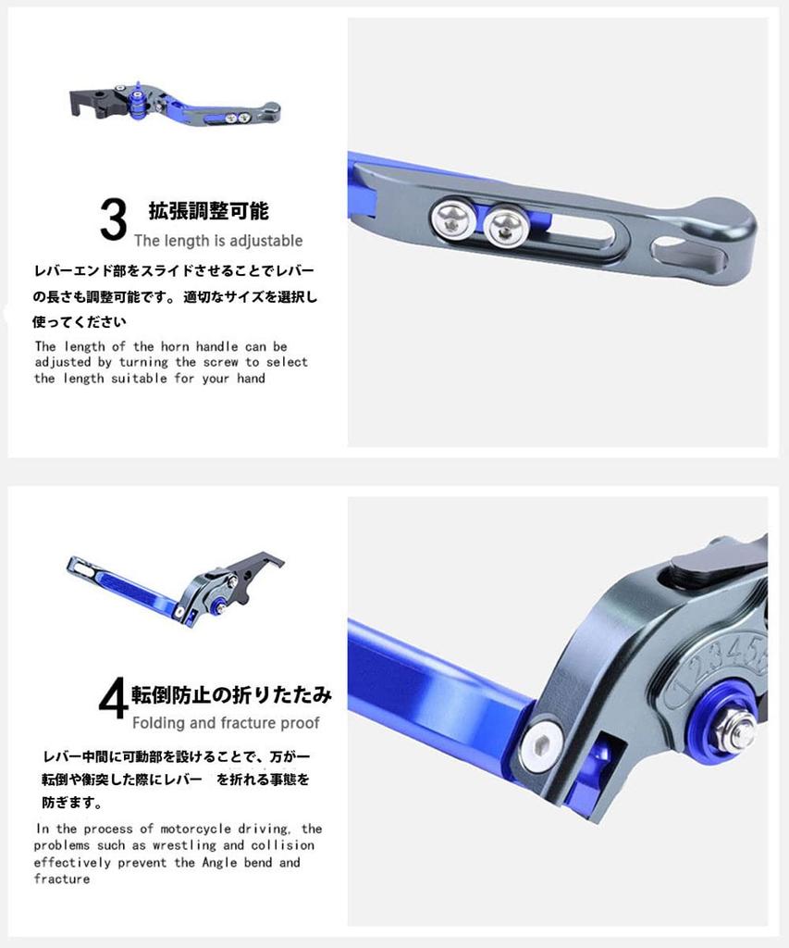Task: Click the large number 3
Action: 114,219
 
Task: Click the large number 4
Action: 114,698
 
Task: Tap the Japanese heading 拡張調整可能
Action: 208,210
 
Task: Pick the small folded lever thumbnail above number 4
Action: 175,589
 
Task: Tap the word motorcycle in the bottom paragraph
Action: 195,829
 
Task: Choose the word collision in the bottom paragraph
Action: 283,845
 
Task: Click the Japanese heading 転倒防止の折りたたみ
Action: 231,694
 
